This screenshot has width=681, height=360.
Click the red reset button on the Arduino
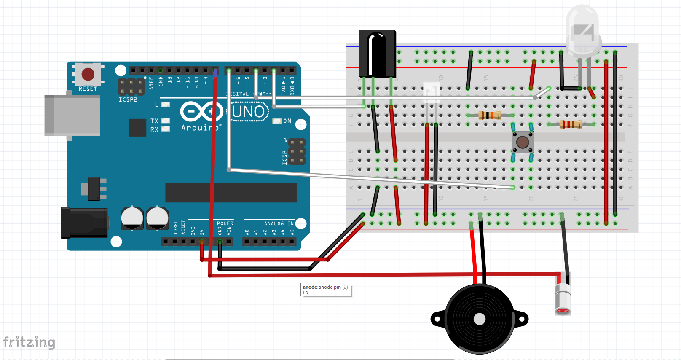pos(88,74)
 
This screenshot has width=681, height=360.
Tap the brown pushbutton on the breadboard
pos(523,142)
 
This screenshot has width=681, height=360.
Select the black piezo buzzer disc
pos(479,319)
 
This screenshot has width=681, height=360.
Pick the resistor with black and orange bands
pos(490,115)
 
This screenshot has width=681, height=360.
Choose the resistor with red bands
pos(571,124)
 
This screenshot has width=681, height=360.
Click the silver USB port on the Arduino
pos(72,115)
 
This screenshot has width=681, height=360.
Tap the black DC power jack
pos(84,223)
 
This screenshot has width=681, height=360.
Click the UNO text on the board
pos(248,112)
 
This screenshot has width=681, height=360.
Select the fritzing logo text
pos(29,342)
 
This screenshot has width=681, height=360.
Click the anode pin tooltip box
pos(325,290)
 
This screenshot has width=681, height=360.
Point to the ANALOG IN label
pos(279,223)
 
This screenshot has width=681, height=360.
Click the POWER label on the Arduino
pos(225,223)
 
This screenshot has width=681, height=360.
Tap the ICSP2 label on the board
pos(128,100)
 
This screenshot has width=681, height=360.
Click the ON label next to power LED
pos(287,121)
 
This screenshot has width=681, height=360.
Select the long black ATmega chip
pos(231,192)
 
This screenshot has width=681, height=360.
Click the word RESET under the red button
pos(88,89)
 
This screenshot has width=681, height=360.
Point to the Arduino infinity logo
pos(201,112)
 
